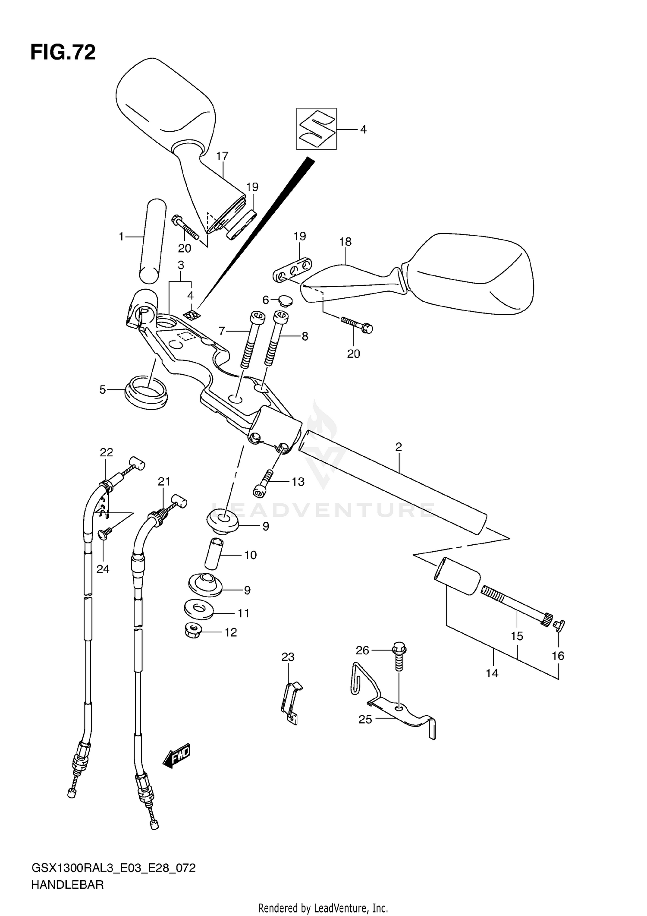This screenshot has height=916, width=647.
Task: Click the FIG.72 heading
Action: coord(63,53)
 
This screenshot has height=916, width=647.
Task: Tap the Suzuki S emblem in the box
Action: coord(316,129)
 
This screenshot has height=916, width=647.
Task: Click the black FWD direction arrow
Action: coord(177,755)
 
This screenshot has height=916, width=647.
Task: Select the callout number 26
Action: coord(362,650)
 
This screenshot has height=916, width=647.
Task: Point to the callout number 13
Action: coord(298,482)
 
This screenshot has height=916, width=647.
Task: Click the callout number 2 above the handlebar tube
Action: coord(399,447)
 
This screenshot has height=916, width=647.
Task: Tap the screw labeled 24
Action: coord(105,535)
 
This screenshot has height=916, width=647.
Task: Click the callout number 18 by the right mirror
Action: coord(345,242)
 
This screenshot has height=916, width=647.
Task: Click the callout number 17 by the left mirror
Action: coord(222,156)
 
